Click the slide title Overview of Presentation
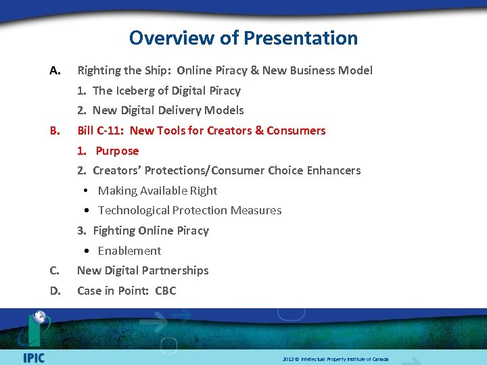click(x=243, y=38)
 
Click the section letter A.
click(x=55, y=70)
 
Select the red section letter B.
click(x=55, y=130)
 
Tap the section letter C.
click(x=55, y=270)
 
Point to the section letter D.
click(x=55, y=291)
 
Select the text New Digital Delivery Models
click(x=168, y=110)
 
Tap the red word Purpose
click(x=117, y=151)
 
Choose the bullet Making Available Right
click(x=158, y=191)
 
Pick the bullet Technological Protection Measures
click(x=189, y=210)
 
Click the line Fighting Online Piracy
click(x=151, y=230)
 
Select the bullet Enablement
click(x=129, y=251)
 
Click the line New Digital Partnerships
click(x=143, y=270)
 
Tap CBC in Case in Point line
click(x=166, y=291)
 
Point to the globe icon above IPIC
click(x=40, y=317)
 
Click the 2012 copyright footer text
click(x=335, y=359)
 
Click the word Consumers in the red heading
click(x=296, y=130)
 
